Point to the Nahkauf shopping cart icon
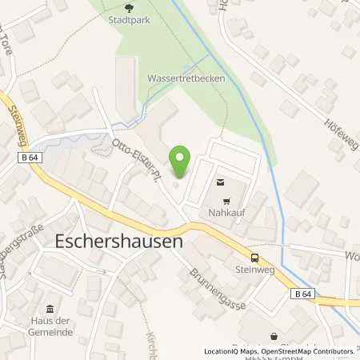(x=226, y=202)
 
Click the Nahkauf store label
(x=227, y=215)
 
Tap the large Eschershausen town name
(x=119, y=240)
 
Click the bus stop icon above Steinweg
(x=254, y=258)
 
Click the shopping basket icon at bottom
(x=274, y=337)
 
